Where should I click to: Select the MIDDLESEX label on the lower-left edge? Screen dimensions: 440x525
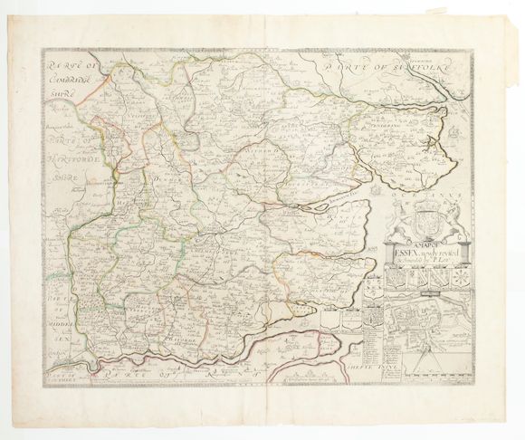pos(60,314)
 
